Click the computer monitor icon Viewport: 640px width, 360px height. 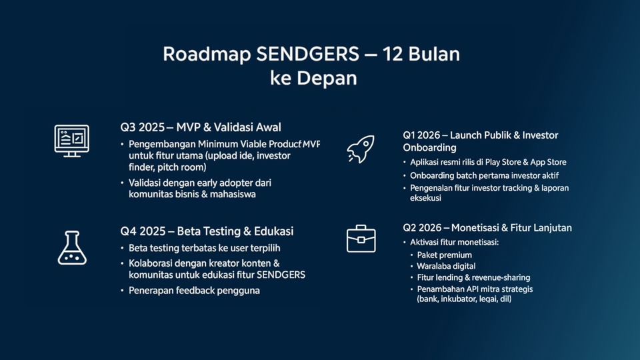tap(72, 141)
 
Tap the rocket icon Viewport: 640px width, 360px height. tap(361, 149)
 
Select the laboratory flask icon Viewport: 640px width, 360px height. tap(72, 248)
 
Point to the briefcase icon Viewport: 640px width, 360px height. tap(361, 239)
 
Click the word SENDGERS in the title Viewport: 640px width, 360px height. tap(308, 54)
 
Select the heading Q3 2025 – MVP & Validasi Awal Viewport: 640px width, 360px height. tap(201, 127)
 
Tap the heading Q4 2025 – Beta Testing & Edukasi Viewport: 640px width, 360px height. tap(207, 231)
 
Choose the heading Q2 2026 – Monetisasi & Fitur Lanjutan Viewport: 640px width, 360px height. tap(487, 228)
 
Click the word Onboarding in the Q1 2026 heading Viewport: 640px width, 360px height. tap(429, 147)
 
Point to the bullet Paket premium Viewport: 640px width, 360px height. tap(445, 255)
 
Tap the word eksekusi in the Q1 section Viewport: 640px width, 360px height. tap(426, 198)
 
